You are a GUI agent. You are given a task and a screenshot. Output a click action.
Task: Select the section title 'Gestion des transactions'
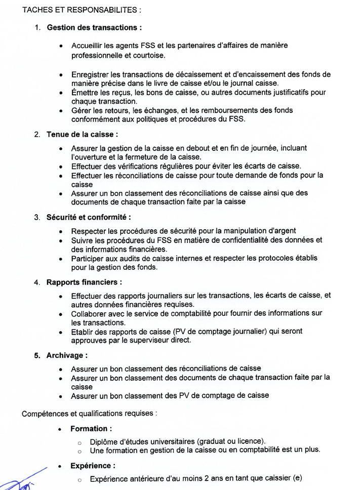coord(94,27)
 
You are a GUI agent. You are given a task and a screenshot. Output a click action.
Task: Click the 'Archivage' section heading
coord(67,355)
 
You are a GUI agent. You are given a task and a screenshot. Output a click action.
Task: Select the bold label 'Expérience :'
coord(93,466)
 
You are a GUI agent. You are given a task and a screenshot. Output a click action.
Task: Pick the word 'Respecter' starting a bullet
coord(89,231)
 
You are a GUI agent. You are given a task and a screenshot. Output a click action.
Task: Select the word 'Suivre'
coord(83,240)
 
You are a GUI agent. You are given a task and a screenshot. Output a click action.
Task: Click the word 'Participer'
coord(89,258)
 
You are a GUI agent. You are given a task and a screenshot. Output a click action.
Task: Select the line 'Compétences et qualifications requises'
coord(89,414)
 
